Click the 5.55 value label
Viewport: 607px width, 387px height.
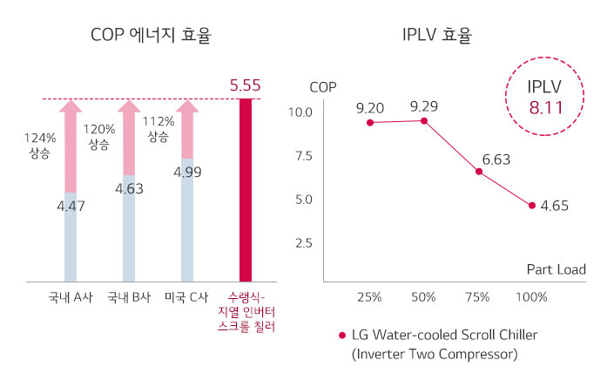pos(246,85)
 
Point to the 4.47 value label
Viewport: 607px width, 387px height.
pos(71,206)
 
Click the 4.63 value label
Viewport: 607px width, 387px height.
pos(128,187)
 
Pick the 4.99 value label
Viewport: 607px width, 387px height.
pos(188,172)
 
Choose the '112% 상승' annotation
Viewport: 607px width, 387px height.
pos(158,129)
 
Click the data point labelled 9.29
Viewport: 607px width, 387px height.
pos(424,120)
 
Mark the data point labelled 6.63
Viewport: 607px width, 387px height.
pos(479,172)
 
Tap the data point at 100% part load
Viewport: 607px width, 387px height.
pos(531,205)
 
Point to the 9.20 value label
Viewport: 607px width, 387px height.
pos(370,108)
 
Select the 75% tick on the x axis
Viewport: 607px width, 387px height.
pos(477,297)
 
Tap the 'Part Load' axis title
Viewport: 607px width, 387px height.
pos(556,269)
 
